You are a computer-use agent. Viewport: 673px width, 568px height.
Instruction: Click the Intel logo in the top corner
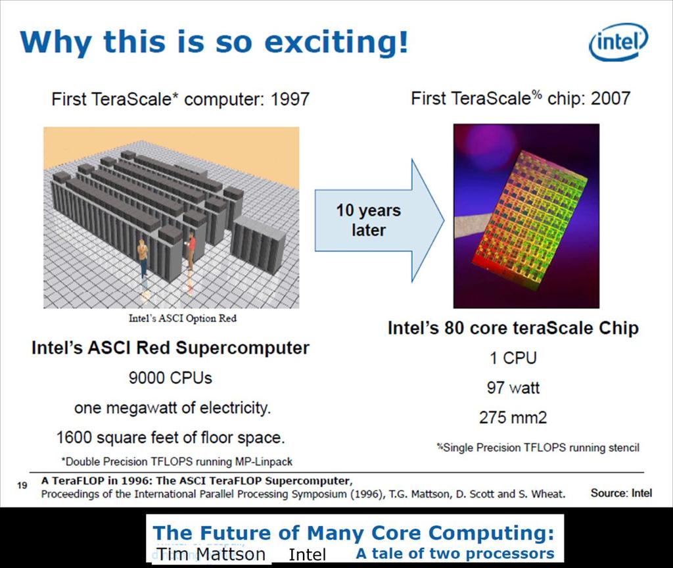(x=619, y=42)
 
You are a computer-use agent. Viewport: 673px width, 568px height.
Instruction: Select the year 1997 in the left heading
(x=290, y=99)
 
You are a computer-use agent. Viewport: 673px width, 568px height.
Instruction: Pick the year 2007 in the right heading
(x=611, y=99)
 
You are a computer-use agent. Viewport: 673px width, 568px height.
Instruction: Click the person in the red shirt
(x=191, y=250)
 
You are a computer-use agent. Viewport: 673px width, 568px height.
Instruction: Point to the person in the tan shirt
(x=143, y=257)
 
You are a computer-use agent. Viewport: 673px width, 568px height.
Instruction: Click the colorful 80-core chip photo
(x=526, y=216)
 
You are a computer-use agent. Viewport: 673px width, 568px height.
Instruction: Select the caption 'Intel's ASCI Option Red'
(x=183, y=318)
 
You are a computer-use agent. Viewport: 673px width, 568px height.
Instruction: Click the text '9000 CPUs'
(x=170, y=378)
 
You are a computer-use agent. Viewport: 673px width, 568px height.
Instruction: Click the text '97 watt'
(x=513, y=388)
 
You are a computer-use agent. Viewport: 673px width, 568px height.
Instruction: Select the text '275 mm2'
(x=513, y=417)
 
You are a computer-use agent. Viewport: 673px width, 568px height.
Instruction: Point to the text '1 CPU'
(x=513, y=358)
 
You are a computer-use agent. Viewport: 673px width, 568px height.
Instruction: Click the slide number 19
(x=22, y=486)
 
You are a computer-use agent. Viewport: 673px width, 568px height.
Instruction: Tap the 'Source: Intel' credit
(x=621, y=493)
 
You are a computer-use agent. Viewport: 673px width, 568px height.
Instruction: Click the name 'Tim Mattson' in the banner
(x=211, y=554)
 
